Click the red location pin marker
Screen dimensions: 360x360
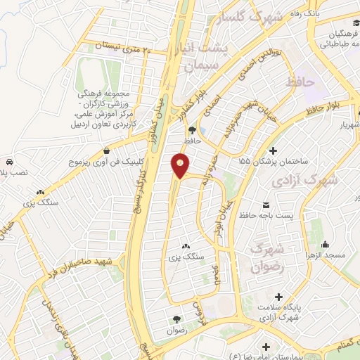click(x=181, y=165)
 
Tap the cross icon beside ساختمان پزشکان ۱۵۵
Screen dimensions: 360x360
click(x=273, y=151)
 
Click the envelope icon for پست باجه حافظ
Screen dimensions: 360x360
click(x=243, y=216)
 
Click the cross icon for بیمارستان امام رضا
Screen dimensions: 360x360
click(x=266, y=347)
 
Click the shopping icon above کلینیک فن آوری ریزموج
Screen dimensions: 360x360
click(x=105, y=150)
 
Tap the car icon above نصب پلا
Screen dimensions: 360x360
click(x=8, y=161)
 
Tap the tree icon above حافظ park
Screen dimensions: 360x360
click(x=191, y=129)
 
